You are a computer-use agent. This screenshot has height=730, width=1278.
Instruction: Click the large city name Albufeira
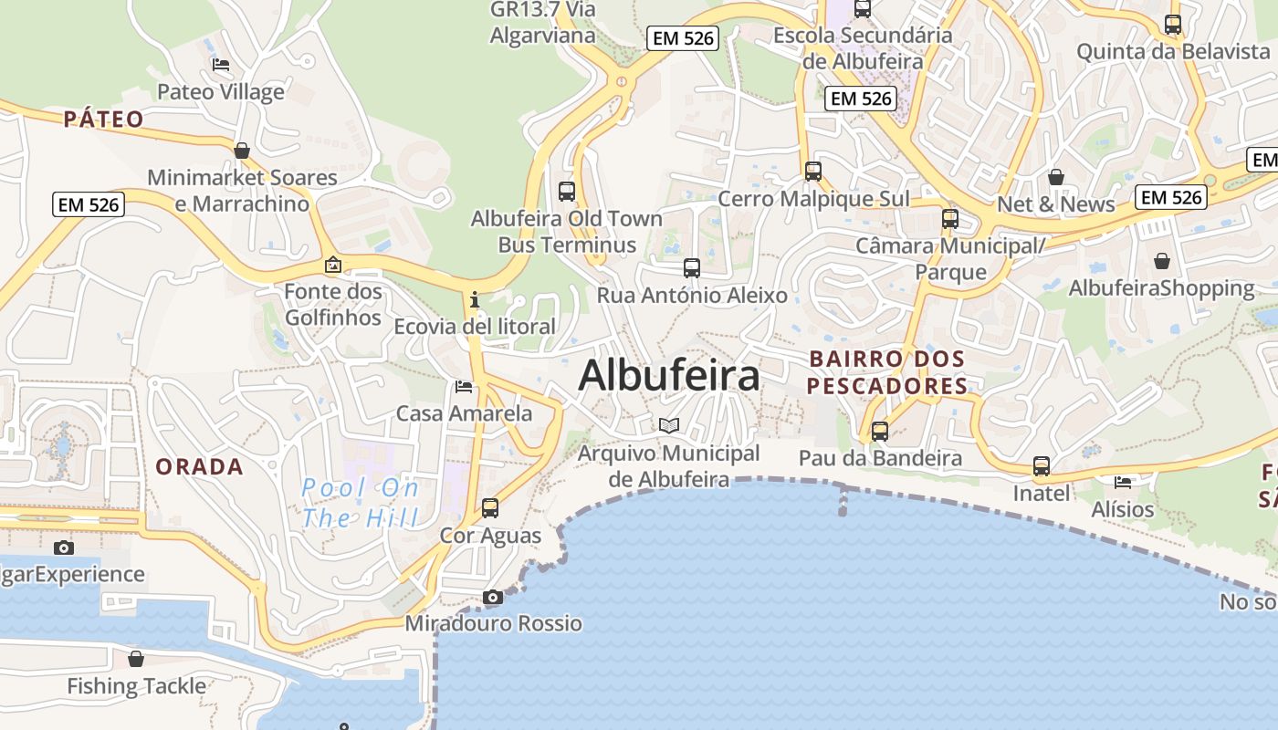point(669,375)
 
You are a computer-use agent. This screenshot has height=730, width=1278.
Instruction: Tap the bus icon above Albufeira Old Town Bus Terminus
point(567,192)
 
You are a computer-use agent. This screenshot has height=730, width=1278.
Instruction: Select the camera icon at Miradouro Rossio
point(493,598)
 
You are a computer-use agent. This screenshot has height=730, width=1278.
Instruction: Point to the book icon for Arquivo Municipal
point(669,425)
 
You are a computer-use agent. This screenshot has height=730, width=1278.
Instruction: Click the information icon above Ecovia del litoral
point(474,299)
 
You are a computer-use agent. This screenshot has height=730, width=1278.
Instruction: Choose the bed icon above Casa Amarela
point(464,387)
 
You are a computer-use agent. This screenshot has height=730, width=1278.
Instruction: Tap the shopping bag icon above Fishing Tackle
point(136,658)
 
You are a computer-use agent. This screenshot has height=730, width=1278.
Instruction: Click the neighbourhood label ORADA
point(200,467)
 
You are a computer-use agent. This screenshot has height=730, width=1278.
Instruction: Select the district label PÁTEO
point(104,119)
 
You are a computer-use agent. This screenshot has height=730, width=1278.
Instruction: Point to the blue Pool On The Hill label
point(361,503)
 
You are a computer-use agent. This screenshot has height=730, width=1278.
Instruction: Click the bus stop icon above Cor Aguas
point(490,508)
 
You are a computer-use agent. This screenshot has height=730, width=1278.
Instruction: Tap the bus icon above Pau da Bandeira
point(880,432)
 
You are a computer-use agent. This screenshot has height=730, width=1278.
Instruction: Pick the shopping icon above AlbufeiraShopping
point(1161,262)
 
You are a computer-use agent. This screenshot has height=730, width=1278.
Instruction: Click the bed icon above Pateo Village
point(221,65)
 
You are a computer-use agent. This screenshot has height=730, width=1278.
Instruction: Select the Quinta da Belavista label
point(1173,51)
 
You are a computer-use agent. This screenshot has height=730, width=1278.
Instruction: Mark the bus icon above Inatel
point(1042,466)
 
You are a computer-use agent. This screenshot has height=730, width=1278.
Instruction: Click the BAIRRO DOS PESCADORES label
point(886,372)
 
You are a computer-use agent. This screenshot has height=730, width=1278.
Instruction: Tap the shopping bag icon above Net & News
point(1056,177)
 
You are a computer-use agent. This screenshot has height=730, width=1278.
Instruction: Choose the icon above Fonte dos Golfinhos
point(333,266)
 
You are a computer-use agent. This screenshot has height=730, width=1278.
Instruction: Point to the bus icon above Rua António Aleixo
point(692,268)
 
